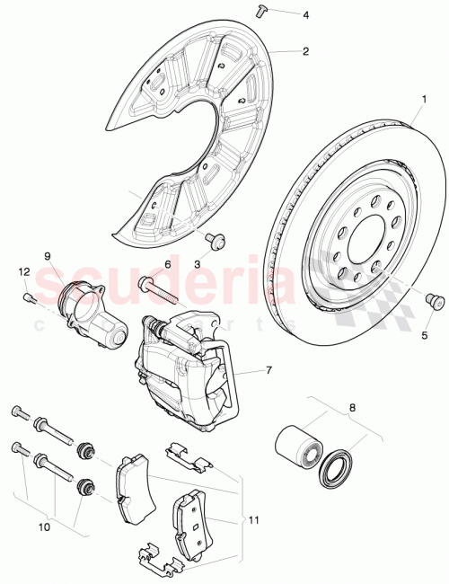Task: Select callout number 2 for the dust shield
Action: click(305, 52)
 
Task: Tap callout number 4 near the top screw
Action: click(304, 14)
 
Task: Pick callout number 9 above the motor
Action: click(48, 255)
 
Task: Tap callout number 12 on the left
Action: click(24, 271)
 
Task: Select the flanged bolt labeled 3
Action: click(216, 240)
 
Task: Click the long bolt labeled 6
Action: click(158, 292)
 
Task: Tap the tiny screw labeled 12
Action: click(30, 298)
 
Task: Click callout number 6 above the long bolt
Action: click(166, 265)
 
